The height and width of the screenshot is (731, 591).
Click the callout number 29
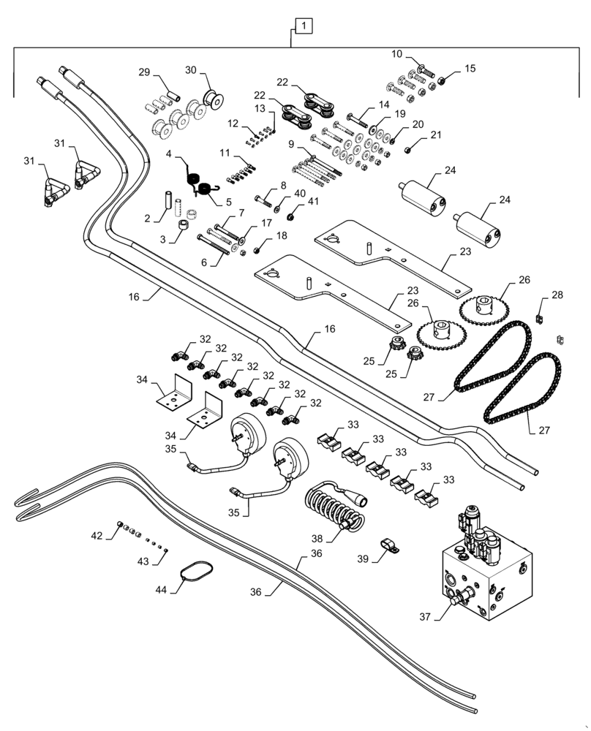144,71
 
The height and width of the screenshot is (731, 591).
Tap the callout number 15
469,69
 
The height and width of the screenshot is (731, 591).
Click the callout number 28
557,295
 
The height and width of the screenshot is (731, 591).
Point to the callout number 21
436,135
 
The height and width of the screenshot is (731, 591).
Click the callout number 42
97,536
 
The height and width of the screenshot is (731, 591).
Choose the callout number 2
147,218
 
